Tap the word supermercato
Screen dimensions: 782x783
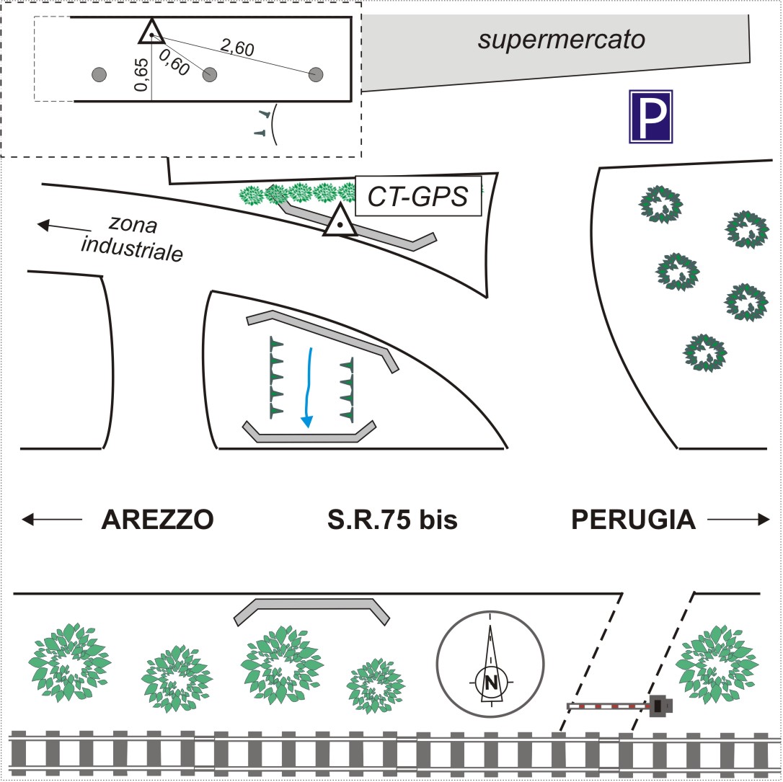561,39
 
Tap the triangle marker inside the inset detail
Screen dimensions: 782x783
151,32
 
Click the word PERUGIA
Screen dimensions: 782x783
634,519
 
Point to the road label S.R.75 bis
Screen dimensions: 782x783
391,519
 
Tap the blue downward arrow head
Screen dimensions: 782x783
308,421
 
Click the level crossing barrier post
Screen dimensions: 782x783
658,707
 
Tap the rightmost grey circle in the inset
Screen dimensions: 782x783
316,75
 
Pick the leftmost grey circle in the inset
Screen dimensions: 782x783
100,74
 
